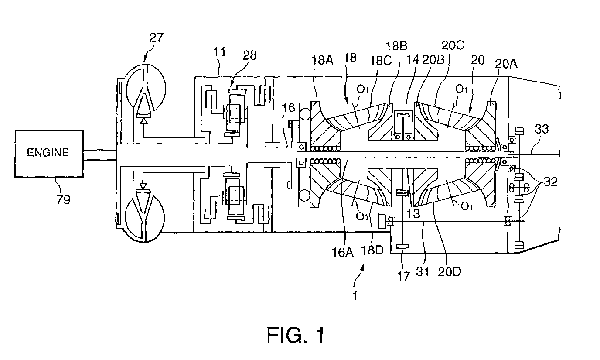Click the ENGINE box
coord(49,154)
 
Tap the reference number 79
coord(64,199)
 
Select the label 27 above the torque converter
coord(156,38)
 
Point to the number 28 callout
coord(250,55)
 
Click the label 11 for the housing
coord(219,52)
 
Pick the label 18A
coord(323,60)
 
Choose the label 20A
coord(506,64)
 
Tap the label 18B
coord(396,46)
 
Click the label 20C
coord(453,45)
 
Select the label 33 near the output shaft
coord(542,129)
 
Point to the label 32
coord(551,182)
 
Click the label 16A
coord(343,252)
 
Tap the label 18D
coord(372,250)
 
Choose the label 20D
coord(450,272)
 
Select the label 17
coord(404,276)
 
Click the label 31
coord(423,271)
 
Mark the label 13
coord(413,214)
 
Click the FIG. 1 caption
coord(296,335)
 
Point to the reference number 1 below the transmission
coord(355,296)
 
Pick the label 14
coord(412,59)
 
